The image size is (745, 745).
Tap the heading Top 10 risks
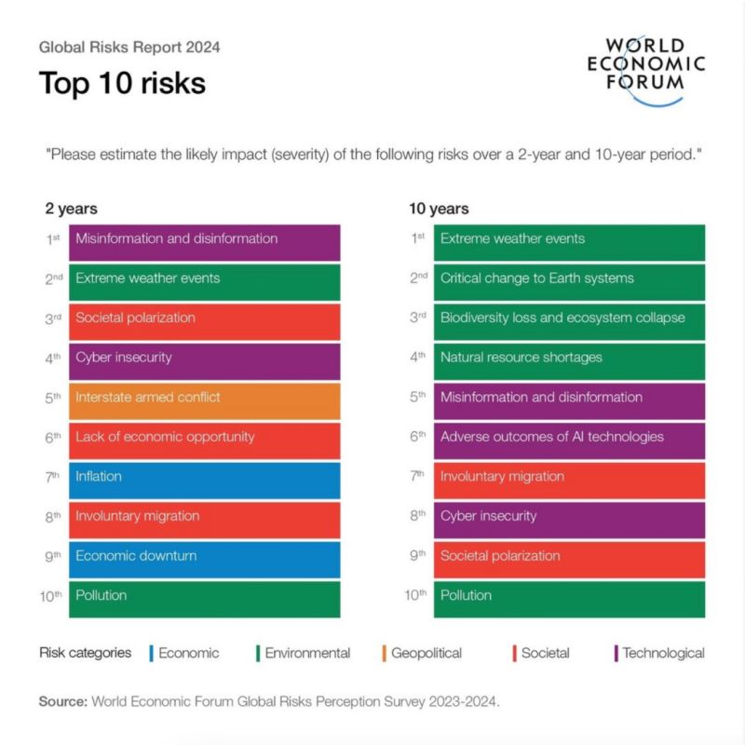pos(122,83)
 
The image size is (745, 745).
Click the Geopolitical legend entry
pos(425,654)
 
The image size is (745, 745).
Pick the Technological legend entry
pos(662,654)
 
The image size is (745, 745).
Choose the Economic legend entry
pos(187,654)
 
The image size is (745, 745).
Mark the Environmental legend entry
pos(306,654)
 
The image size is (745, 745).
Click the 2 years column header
pos(72,210)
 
